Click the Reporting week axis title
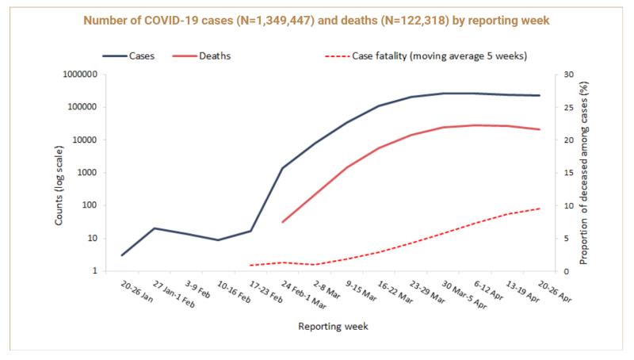(x=333, y=326)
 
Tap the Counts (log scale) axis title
(x=59, y=172)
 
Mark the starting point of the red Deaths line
(x=283, y=222)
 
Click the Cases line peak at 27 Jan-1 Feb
(x=154, y=228)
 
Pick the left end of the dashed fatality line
(x=250, y=266)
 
